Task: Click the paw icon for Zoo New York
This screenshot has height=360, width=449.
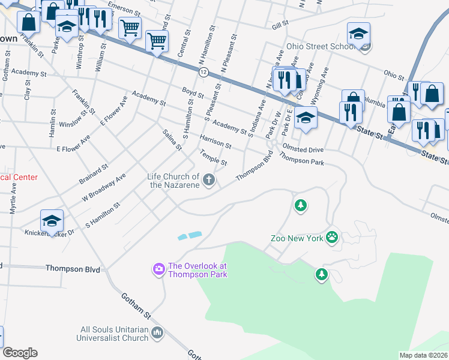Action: click(x=332, y=238)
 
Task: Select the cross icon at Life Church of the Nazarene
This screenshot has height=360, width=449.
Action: click(x=209, y=179)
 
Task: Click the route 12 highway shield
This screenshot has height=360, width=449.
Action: click(x=204, y=72)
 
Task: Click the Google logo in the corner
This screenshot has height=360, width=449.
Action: click(x=20, y=353)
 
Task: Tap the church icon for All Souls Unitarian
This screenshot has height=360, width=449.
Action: click(x=157, y=332)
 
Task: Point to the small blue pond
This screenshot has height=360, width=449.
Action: click(x=190, y=236)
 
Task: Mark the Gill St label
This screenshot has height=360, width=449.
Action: click(x=280, y=26)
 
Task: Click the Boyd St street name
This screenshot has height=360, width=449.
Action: click(x=193, y=92)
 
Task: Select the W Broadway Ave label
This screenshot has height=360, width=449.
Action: click(x=104, y=188)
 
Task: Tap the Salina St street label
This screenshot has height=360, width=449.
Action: click(x=172, y=140)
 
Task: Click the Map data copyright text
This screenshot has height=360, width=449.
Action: click(x=424, y=355)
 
